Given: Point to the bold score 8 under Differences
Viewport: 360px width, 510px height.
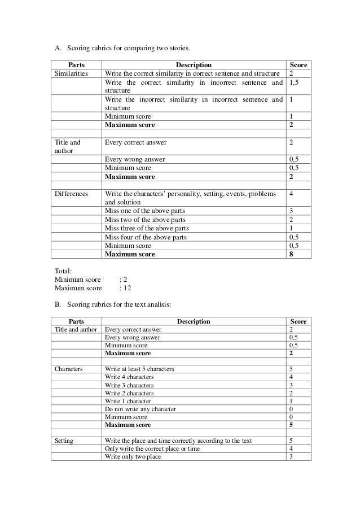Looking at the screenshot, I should pyautogui.click(x=291, y=254).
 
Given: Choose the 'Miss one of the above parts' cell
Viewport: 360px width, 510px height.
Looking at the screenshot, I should pyautogui.click(x=145, y=211).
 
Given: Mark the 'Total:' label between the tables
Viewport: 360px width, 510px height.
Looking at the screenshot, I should pyautogui.click(x=63, y=271).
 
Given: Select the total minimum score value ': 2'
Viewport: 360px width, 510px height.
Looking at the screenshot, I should pyautogui.click(x=124, y=280).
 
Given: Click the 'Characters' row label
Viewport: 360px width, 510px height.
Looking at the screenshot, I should pyautogui.click(x=68, y=369).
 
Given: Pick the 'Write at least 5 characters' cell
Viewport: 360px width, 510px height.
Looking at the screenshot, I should pyautogui.click(x=139, y=369).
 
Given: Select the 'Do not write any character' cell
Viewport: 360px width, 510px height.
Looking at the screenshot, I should pyautogui.click(x=141, y=409).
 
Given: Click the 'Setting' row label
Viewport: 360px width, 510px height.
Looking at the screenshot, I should pyautogui.click(x=64, y=441).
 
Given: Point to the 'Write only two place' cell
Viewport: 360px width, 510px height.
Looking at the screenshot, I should pyautogui.click(x=133, y=457).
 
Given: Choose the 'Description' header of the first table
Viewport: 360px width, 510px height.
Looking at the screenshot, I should pyautogui.click(x=193, y=65).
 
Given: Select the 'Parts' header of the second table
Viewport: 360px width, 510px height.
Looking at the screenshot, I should pyautogui.click(x=76, y=321).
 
